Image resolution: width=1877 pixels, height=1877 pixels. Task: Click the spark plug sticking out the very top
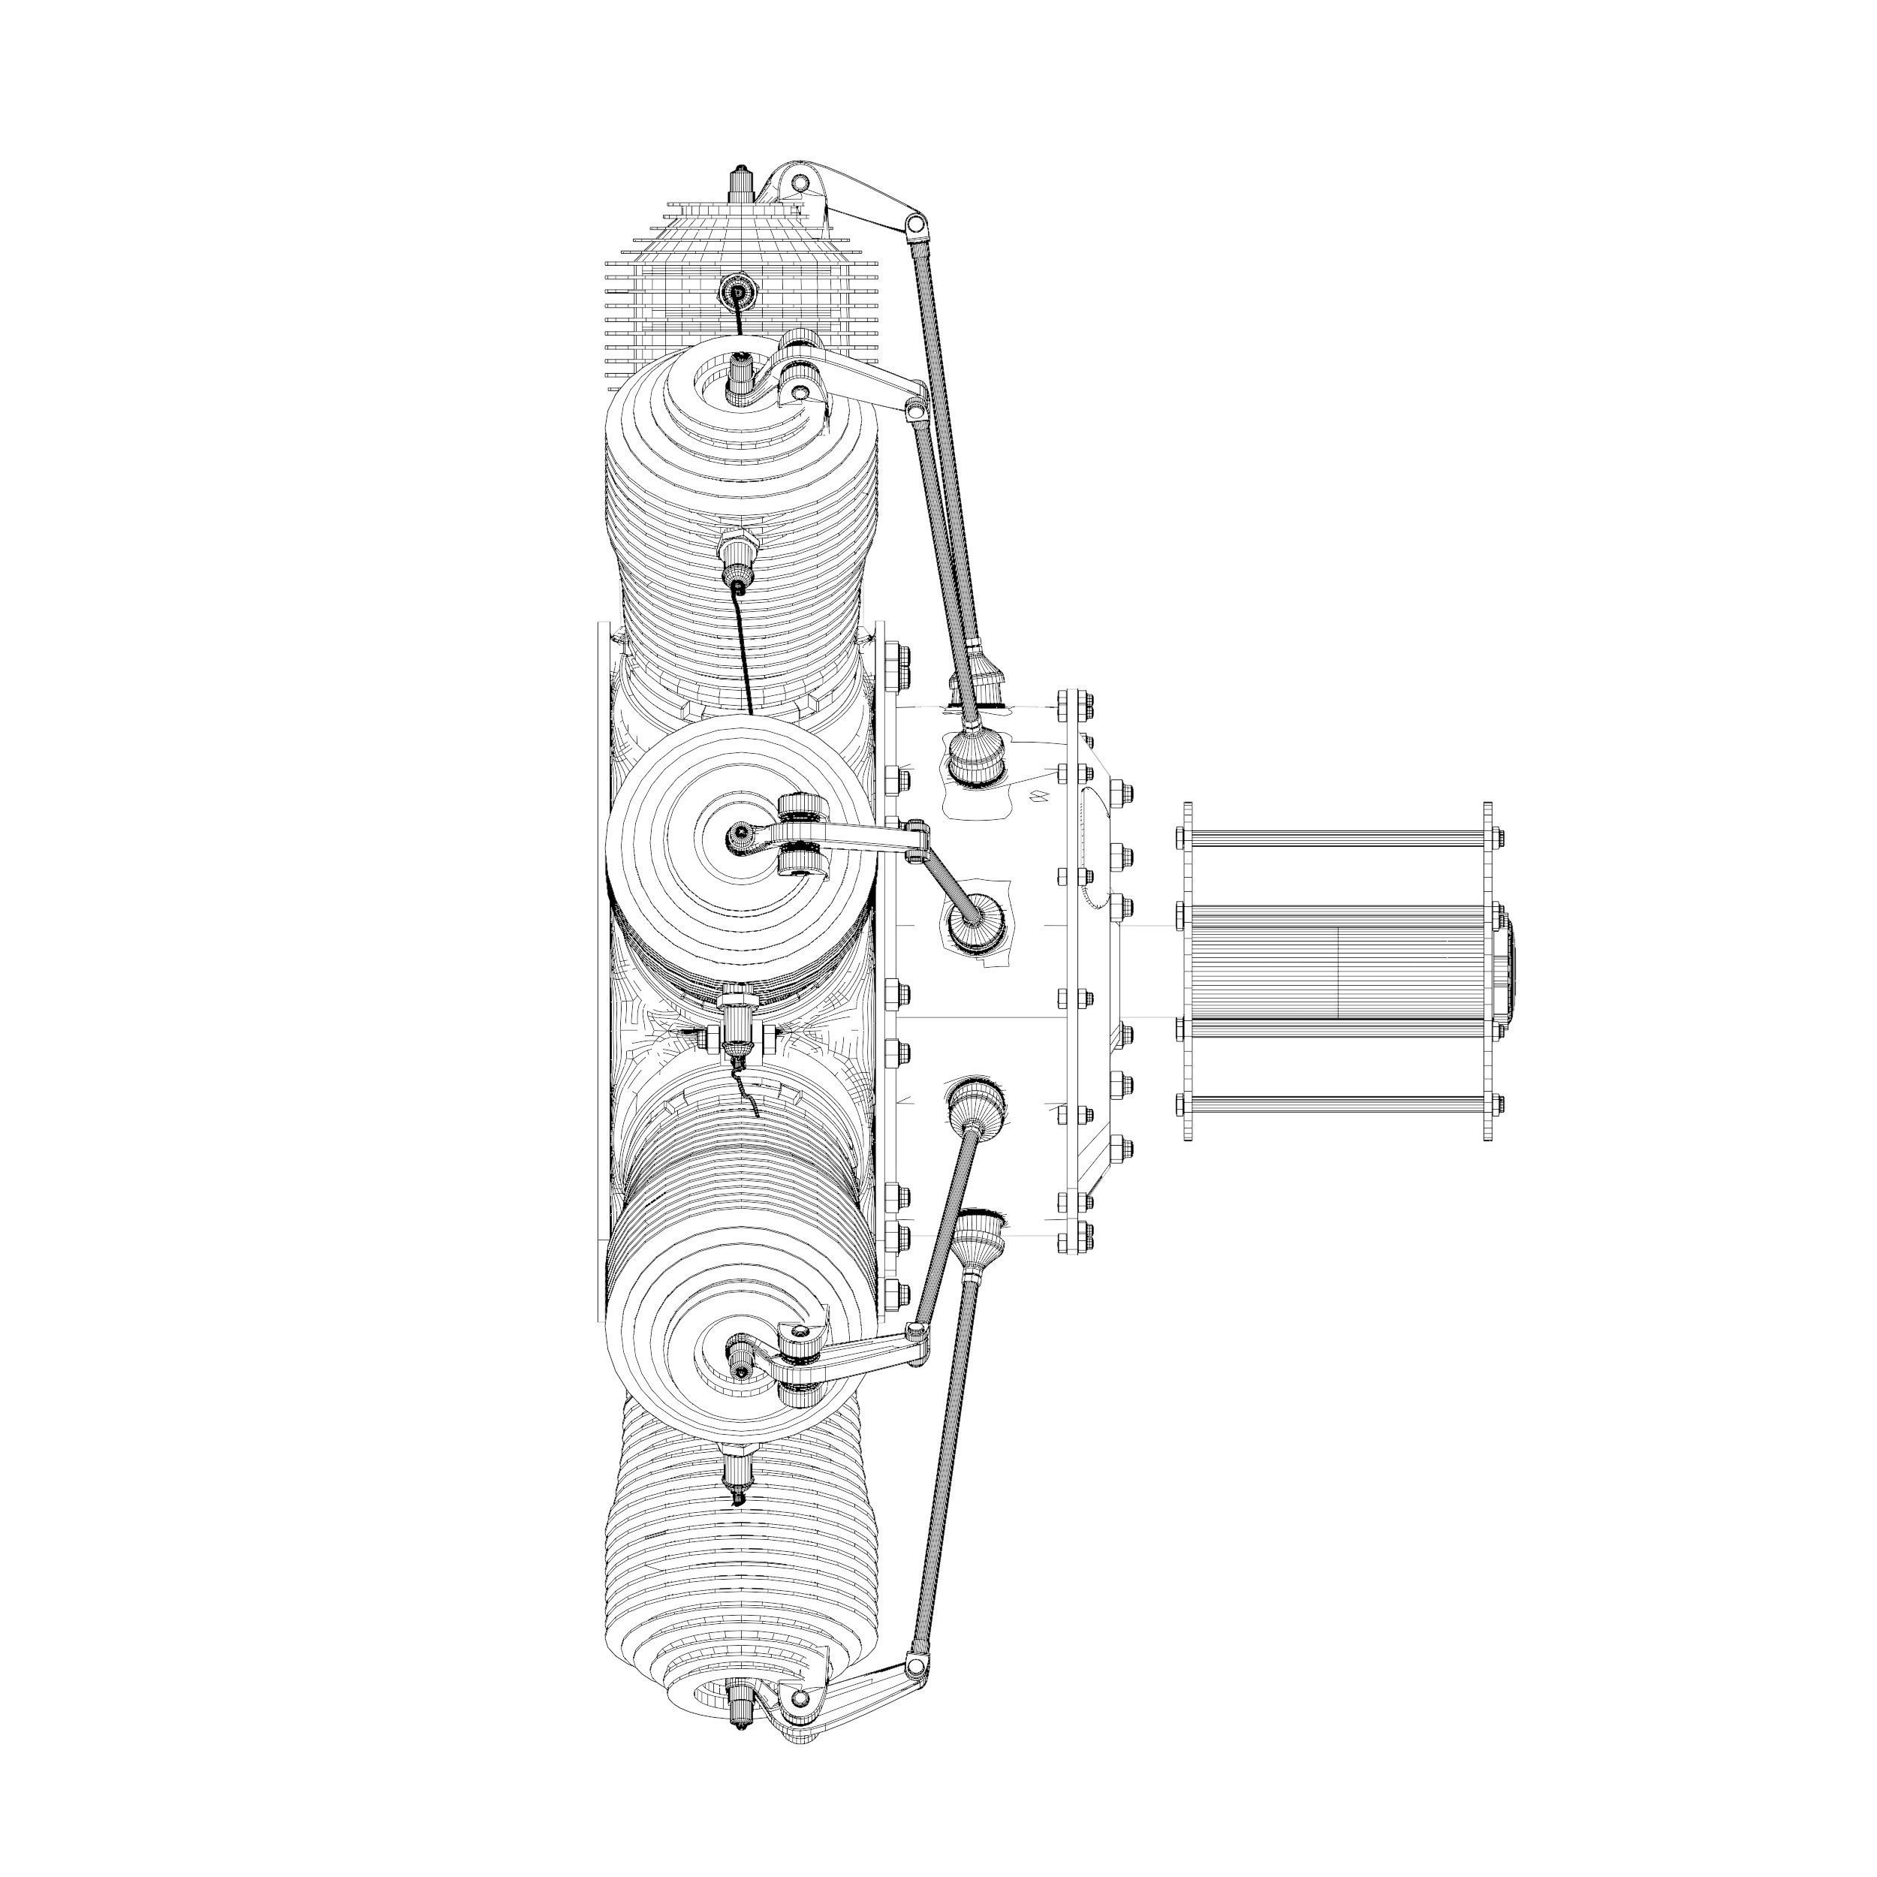[x=741, y=182]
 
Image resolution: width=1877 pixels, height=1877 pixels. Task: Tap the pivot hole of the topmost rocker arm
[x=799, y=182]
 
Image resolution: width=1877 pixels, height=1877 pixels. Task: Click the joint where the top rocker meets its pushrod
[x=914, y=224]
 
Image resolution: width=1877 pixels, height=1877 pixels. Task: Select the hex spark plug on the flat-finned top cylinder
[x=737, y=291]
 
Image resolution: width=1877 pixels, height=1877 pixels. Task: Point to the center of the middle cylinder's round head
[x=741, y=833]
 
